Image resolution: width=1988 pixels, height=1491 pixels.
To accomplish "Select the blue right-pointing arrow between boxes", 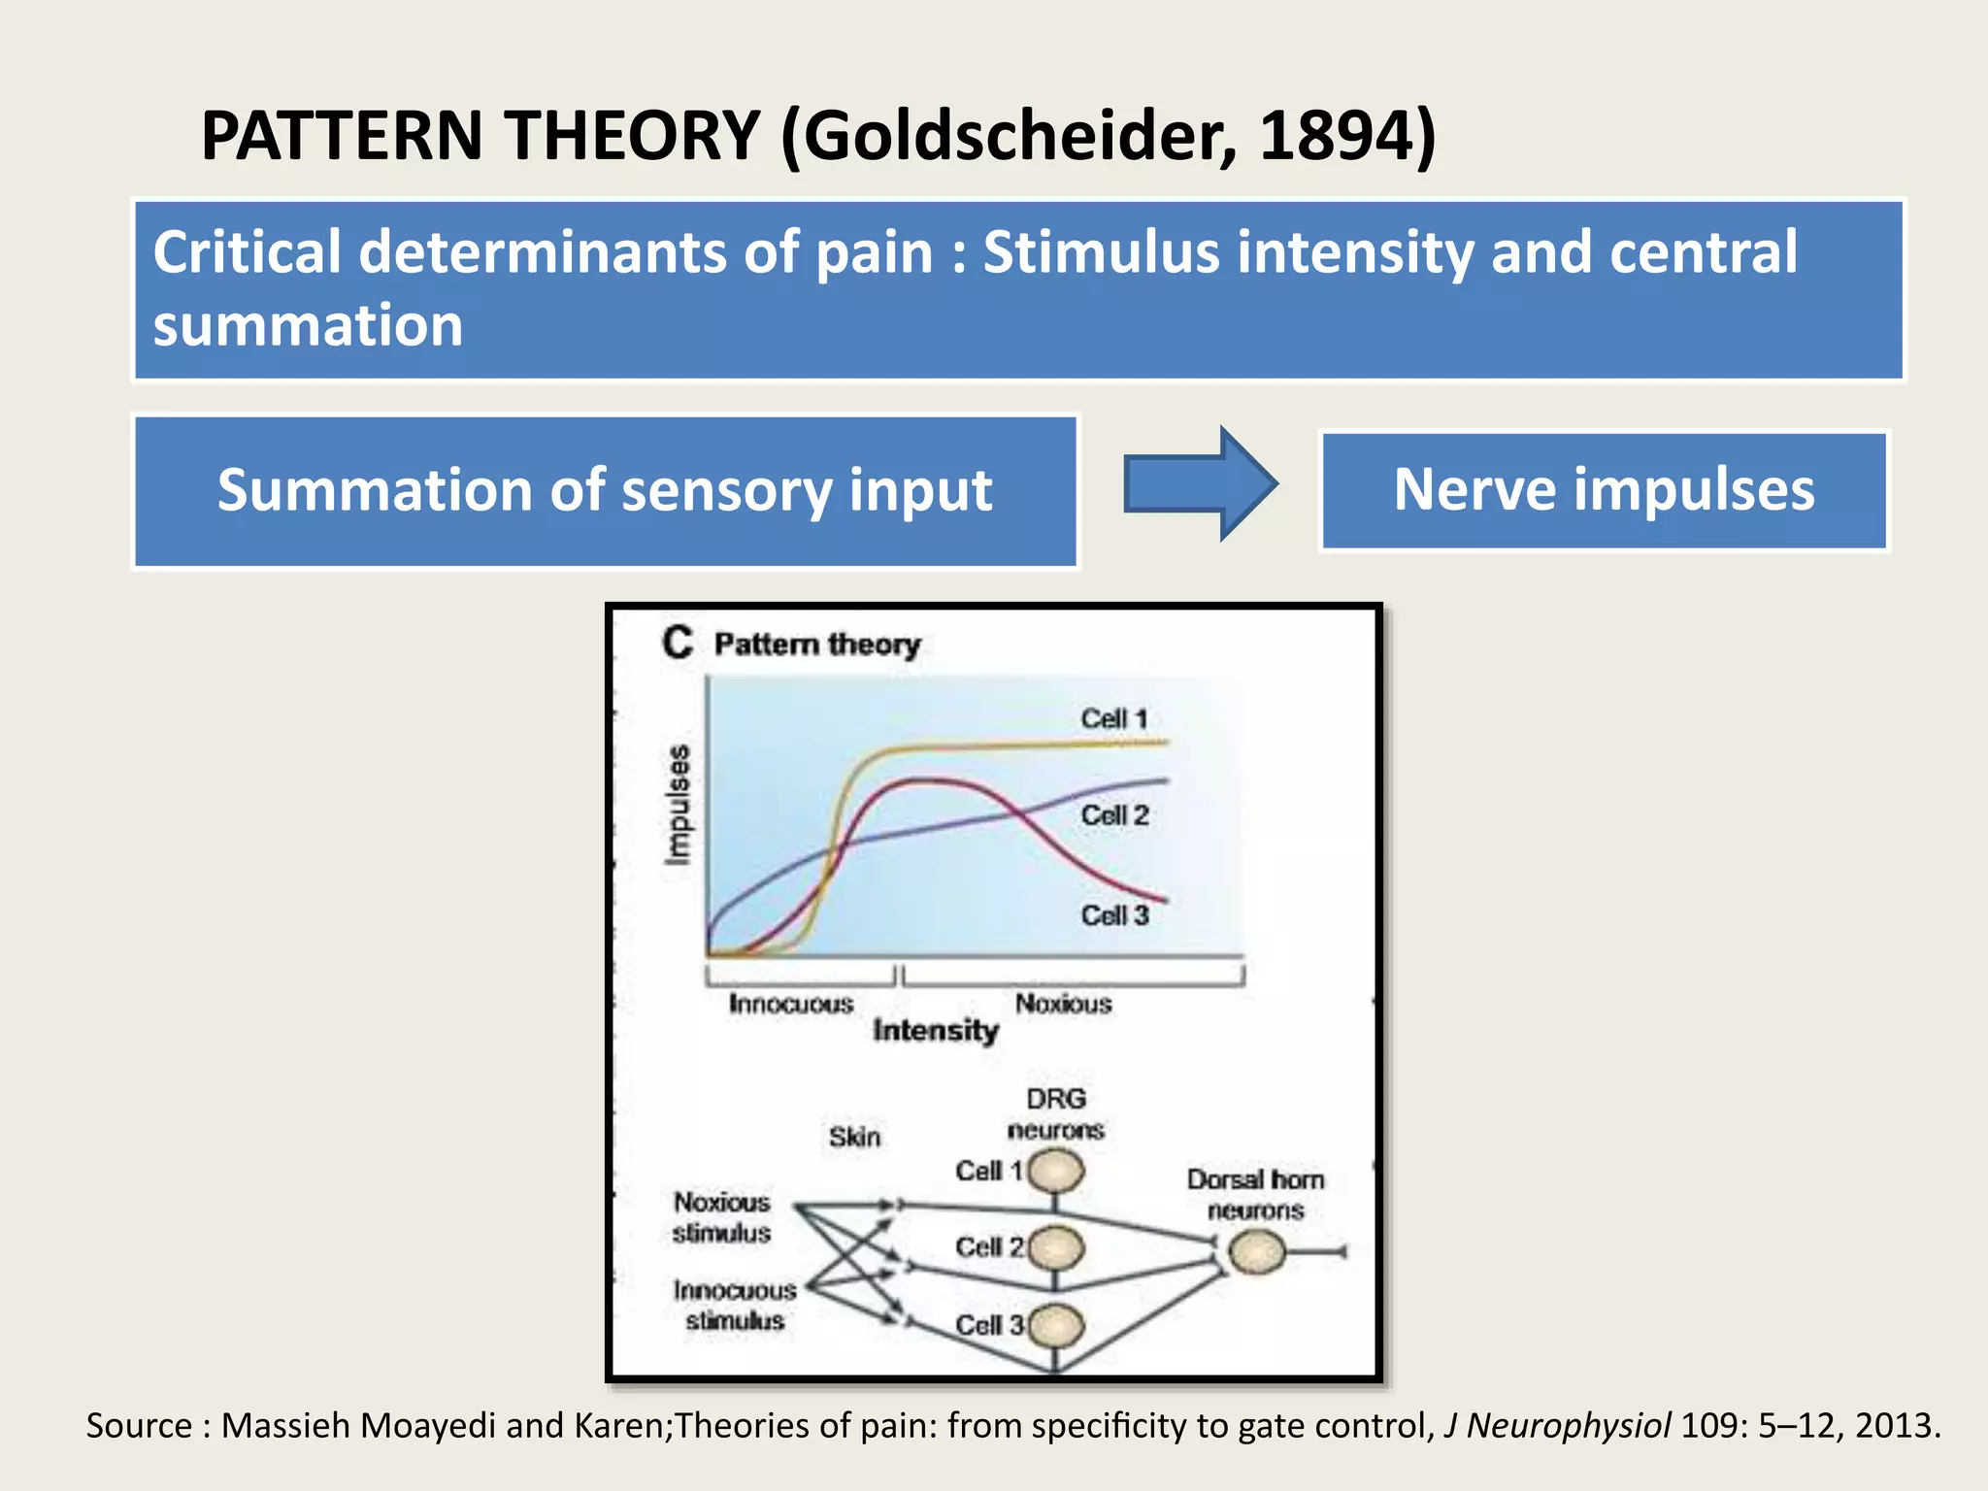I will [1200, 483].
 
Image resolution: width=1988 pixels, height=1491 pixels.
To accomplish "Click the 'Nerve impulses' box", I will [1604, 490].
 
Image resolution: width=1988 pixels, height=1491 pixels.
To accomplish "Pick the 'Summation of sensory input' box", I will [605, 491].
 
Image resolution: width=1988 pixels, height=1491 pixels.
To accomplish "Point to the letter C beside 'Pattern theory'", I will [678, 643].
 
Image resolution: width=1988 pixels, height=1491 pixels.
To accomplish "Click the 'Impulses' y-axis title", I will [679, 805].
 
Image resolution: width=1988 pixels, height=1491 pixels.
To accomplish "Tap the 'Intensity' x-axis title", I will [935, 1030].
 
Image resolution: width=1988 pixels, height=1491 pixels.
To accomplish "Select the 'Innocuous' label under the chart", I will [790, 1004].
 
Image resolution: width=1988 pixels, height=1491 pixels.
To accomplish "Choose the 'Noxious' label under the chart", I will [1063, 1004].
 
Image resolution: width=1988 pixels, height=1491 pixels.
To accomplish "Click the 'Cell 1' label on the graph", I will [1113, 719].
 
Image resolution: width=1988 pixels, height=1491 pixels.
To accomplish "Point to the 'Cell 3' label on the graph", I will [1114, 915].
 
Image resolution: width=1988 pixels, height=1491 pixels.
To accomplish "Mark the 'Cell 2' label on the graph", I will [1114, 815].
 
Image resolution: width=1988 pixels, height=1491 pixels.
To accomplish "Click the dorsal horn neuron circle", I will [1256, 1252].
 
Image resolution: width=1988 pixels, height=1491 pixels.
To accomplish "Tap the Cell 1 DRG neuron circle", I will [1056, 1172].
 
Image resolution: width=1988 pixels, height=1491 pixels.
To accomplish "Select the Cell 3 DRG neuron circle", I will [1056, 1325].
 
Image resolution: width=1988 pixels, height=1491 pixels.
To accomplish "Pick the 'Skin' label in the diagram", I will [854, 1137].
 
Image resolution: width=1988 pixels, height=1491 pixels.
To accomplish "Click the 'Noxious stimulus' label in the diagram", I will [721, 1217].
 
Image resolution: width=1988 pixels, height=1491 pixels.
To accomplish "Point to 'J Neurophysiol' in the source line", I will [1556, 1425].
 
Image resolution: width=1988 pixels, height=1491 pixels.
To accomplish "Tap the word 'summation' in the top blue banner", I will [308, 324].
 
